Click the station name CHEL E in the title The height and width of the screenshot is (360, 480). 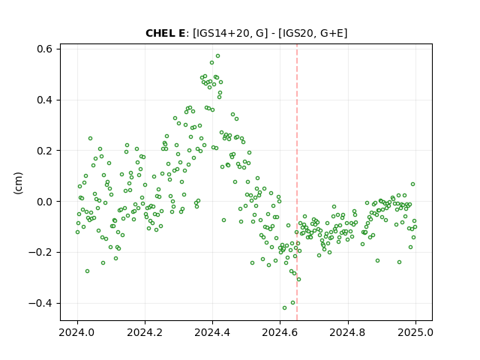[x=165, y=33]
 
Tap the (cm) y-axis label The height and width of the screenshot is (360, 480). [x=18, y=183]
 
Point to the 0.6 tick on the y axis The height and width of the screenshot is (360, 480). [x=44, y=49]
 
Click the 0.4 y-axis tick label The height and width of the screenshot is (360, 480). [x=44, y=100]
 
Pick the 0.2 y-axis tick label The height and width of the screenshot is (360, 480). [x=44, y=151]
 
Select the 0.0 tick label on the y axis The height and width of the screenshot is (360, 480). [x=44, y=202]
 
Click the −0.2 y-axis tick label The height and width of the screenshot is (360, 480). [x=40, y=253]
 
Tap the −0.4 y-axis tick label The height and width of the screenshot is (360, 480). [x=40, y=303]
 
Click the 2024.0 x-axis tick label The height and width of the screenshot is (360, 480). [x=77, y=332]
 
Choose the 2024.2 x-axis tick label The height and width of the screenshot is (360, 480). [x=145, y=332]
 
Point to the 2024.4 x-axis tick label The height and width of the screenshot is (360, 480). [x=212, y=332]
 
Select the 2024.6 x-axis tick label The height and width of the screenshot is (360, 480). [x=280, y=332]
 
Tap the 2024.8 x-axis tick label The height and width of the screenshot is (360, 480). [x=348, y=332]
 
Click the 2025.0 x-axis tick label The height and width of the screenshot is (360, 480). [x=415, y=332]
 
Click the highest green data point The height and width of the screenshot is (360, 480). [x=218, y=56]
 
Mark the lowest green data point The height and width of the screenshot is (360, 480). [x=285, y=308]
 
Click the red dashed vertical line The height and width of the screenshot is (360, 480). [x=297, y=182]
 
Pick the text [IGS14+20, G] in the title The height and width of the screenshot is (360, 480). [x=228, y=33]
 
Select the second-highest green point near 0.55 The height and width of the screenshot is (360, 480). [x=211, y=63]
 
